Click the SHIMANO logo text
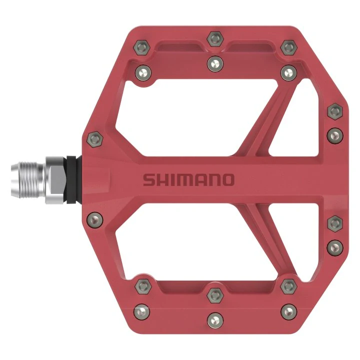[188, 179]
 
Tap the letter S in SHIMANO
[148, 179]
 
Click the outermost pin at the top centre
[214, 37]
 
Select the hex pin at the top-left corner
[142, 48]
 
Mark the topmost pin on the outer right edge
[333, 110]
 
